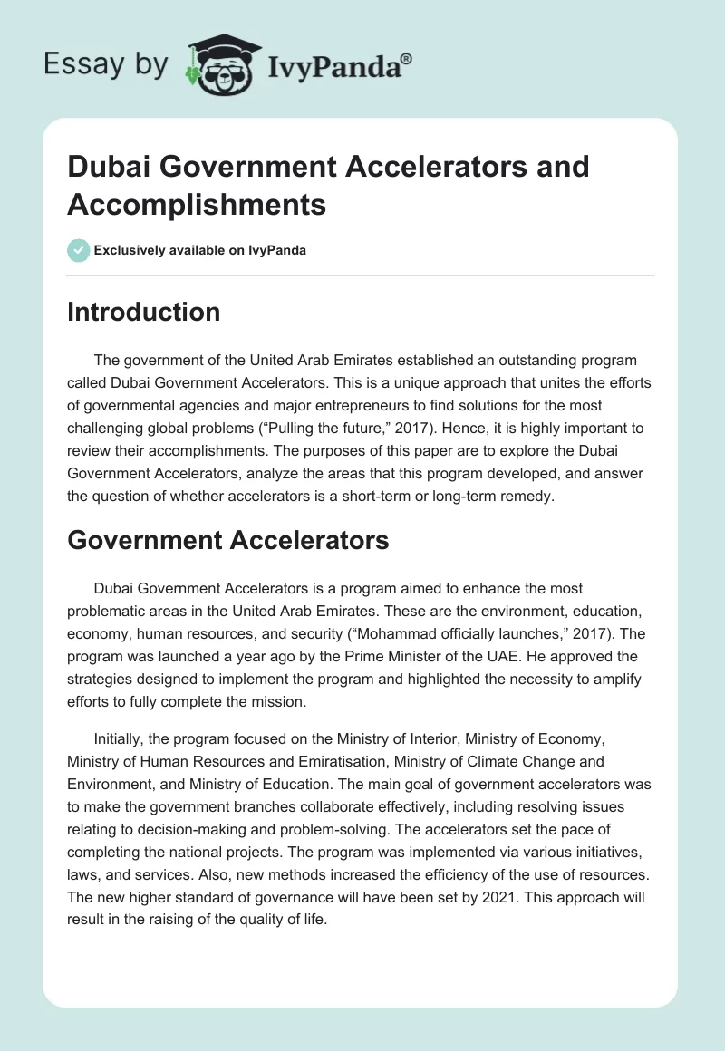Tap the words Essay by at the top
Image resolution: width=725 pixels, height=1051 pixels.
pos(107,63)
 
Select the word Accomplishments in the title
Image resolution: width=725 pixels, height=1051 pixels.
pos(197,204)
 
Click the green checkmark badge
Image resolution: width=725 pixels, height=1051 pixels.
pos(78,250)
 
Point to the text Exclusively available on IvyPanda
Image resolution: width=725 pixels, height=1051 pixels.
pos(200,250)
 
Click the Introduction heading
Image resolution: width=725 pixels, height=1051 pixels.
pos(144,312)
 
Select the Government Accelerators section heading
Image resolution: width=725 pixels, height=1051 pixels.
pos(228,540)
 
